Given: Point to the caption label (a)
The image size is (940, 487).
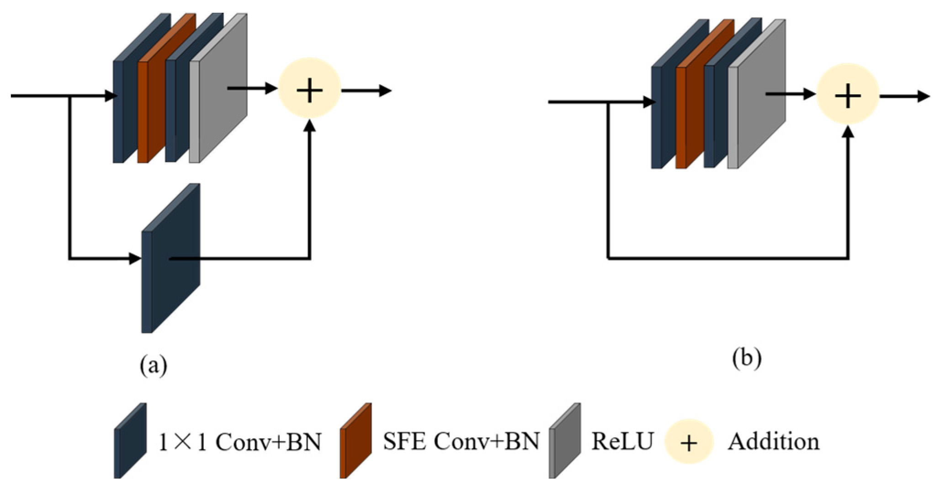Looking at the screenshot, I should (x=153, y=366).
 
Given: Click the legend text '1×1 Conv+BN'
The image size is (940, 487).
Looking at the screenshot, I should (x=239, y=442).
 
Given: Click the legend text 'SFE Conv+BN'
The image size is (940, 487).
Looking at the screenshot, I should (x=461, y=442).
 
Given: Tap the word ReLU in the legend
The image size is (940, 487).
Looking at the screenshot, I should (x=622, y=442).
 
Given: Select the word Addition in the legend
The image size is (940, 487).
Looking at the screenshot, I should (x=773, y=442).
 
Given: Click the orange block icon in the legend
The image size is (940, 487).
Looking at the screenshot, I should (x=356, y=440).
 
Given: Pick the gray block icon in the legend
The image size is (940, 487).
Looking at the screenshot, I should (x=565, y=440).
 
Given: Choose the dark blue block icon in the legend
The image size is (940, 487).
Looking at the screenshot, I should (x=130, y=440).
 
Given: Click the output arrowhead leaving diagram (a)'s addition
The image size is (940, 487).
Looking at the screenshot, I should (x=385, y=91).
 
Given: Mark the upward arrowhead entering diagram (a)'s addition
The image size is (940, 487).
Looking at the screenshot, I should (x=310, y=126).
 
